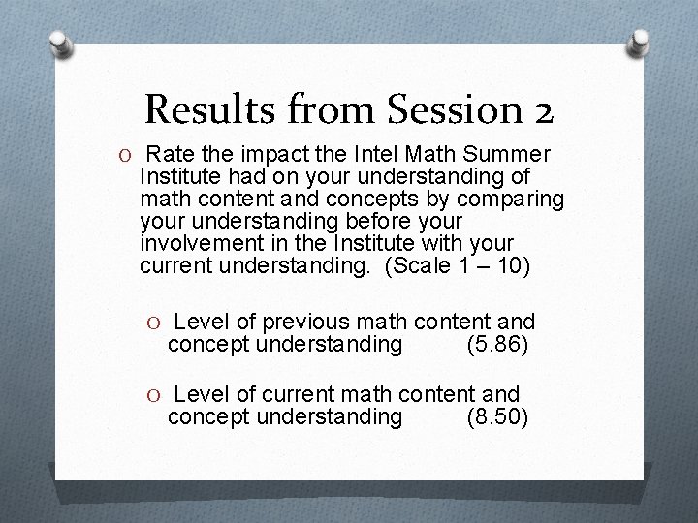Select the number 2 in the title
tap(542, 110)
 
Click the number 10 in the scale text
tap(509, 265)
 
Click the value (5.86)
tap(497, 344)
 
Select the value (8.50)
tap(497, 417)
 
